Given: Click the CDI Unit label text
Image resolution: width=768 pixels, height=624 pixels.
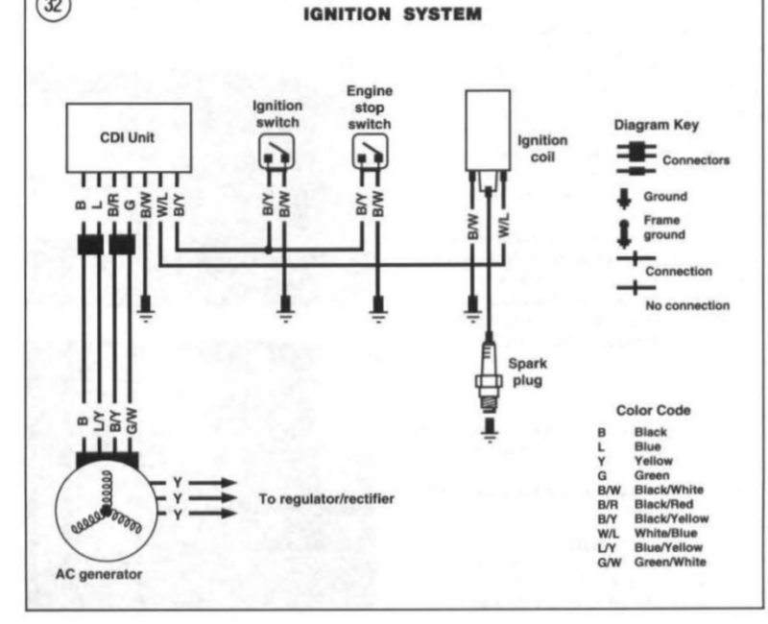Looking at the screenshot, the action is tap(127, 137).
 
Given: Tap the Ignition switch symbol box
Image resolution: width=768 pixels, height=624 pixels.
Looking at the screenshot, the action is tap(276, 152).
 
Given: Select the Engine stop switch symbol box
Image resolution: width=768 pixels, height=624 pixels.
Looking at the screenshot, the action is tap(371, 152).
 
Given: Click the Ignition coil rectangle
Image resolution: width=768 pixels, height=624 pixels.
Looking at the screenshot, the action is tap(488, 131).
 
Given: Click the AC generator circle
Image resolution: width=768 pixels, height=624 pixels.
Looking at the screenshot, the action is tap(107, 510).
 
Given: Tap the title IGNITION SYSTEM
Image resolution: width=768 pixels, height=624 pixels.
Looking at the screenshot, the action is tap(393, 14).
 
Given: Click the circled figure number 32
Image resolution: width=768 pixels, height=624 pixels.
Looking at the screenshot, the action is tap(54, 7).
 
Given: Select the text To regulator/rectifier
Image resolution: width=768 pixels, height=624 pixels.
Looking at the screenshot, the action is tap(326, 499).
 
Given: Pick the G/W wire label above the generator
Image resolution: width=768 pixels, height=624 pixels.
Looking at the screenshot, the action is tap(132, 420).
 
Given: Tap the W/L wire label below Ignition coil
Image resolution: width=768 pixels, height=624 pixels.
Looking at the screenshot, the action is tap(504, 226).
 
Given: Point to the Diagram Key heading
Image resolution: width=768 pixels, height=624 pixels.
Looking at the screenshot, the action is tap(657, 125).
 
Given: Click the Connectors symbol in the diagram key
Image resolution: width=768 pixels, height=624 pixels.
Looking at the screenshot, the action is tap(636, 158).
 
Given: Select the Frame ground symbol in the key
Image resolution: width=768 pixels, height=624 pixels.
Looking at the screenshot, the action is tap(624, 233).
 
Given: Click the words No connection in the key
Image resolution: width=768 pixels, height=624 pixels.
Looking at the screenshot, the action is tap(687, 305).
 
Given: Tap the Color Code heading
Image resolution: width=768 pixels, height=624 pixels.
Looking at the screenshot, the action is tap(654, 411).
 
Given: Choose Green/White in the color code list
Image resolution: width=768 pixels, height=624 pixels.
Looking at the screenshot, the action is tap(670, 562).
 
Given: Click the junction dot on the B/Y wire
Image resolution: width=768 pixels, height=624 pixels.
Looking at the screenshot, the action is tap(269, 250).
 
